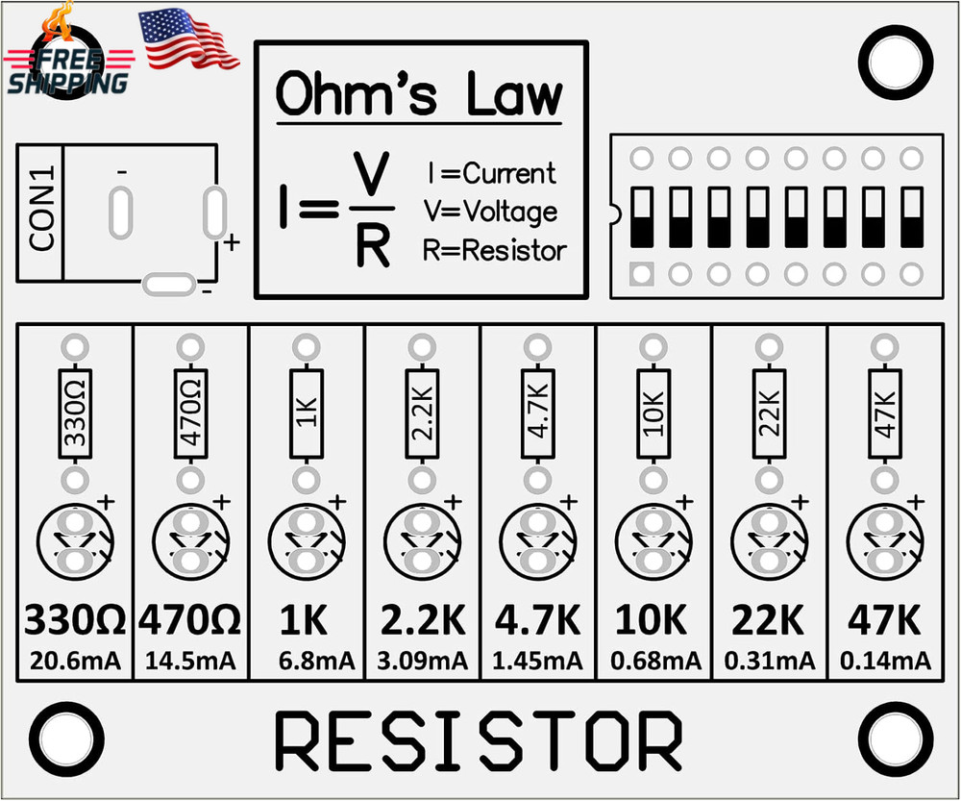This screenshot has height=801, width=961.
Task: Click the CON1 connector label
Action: [x=41, y=212]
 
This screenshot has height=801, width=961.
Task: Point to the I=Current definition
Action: [x=491, y=174]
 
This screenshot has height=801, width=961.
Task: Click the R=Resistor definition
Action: [x=494, y=251]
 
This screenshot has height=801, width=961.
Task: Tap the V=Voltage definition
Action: [x=490, y=212]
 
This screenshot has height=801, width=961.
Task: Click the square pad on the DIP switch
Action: [x=641, y=274]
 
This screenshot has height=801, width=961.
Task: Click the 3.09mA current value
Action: [x=422, y=662]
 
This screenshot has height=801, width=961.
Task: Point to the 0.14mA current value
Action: [x=885, y=662]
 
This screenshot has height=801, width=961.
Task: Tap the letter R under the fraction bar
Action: [x=373, y=248]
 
